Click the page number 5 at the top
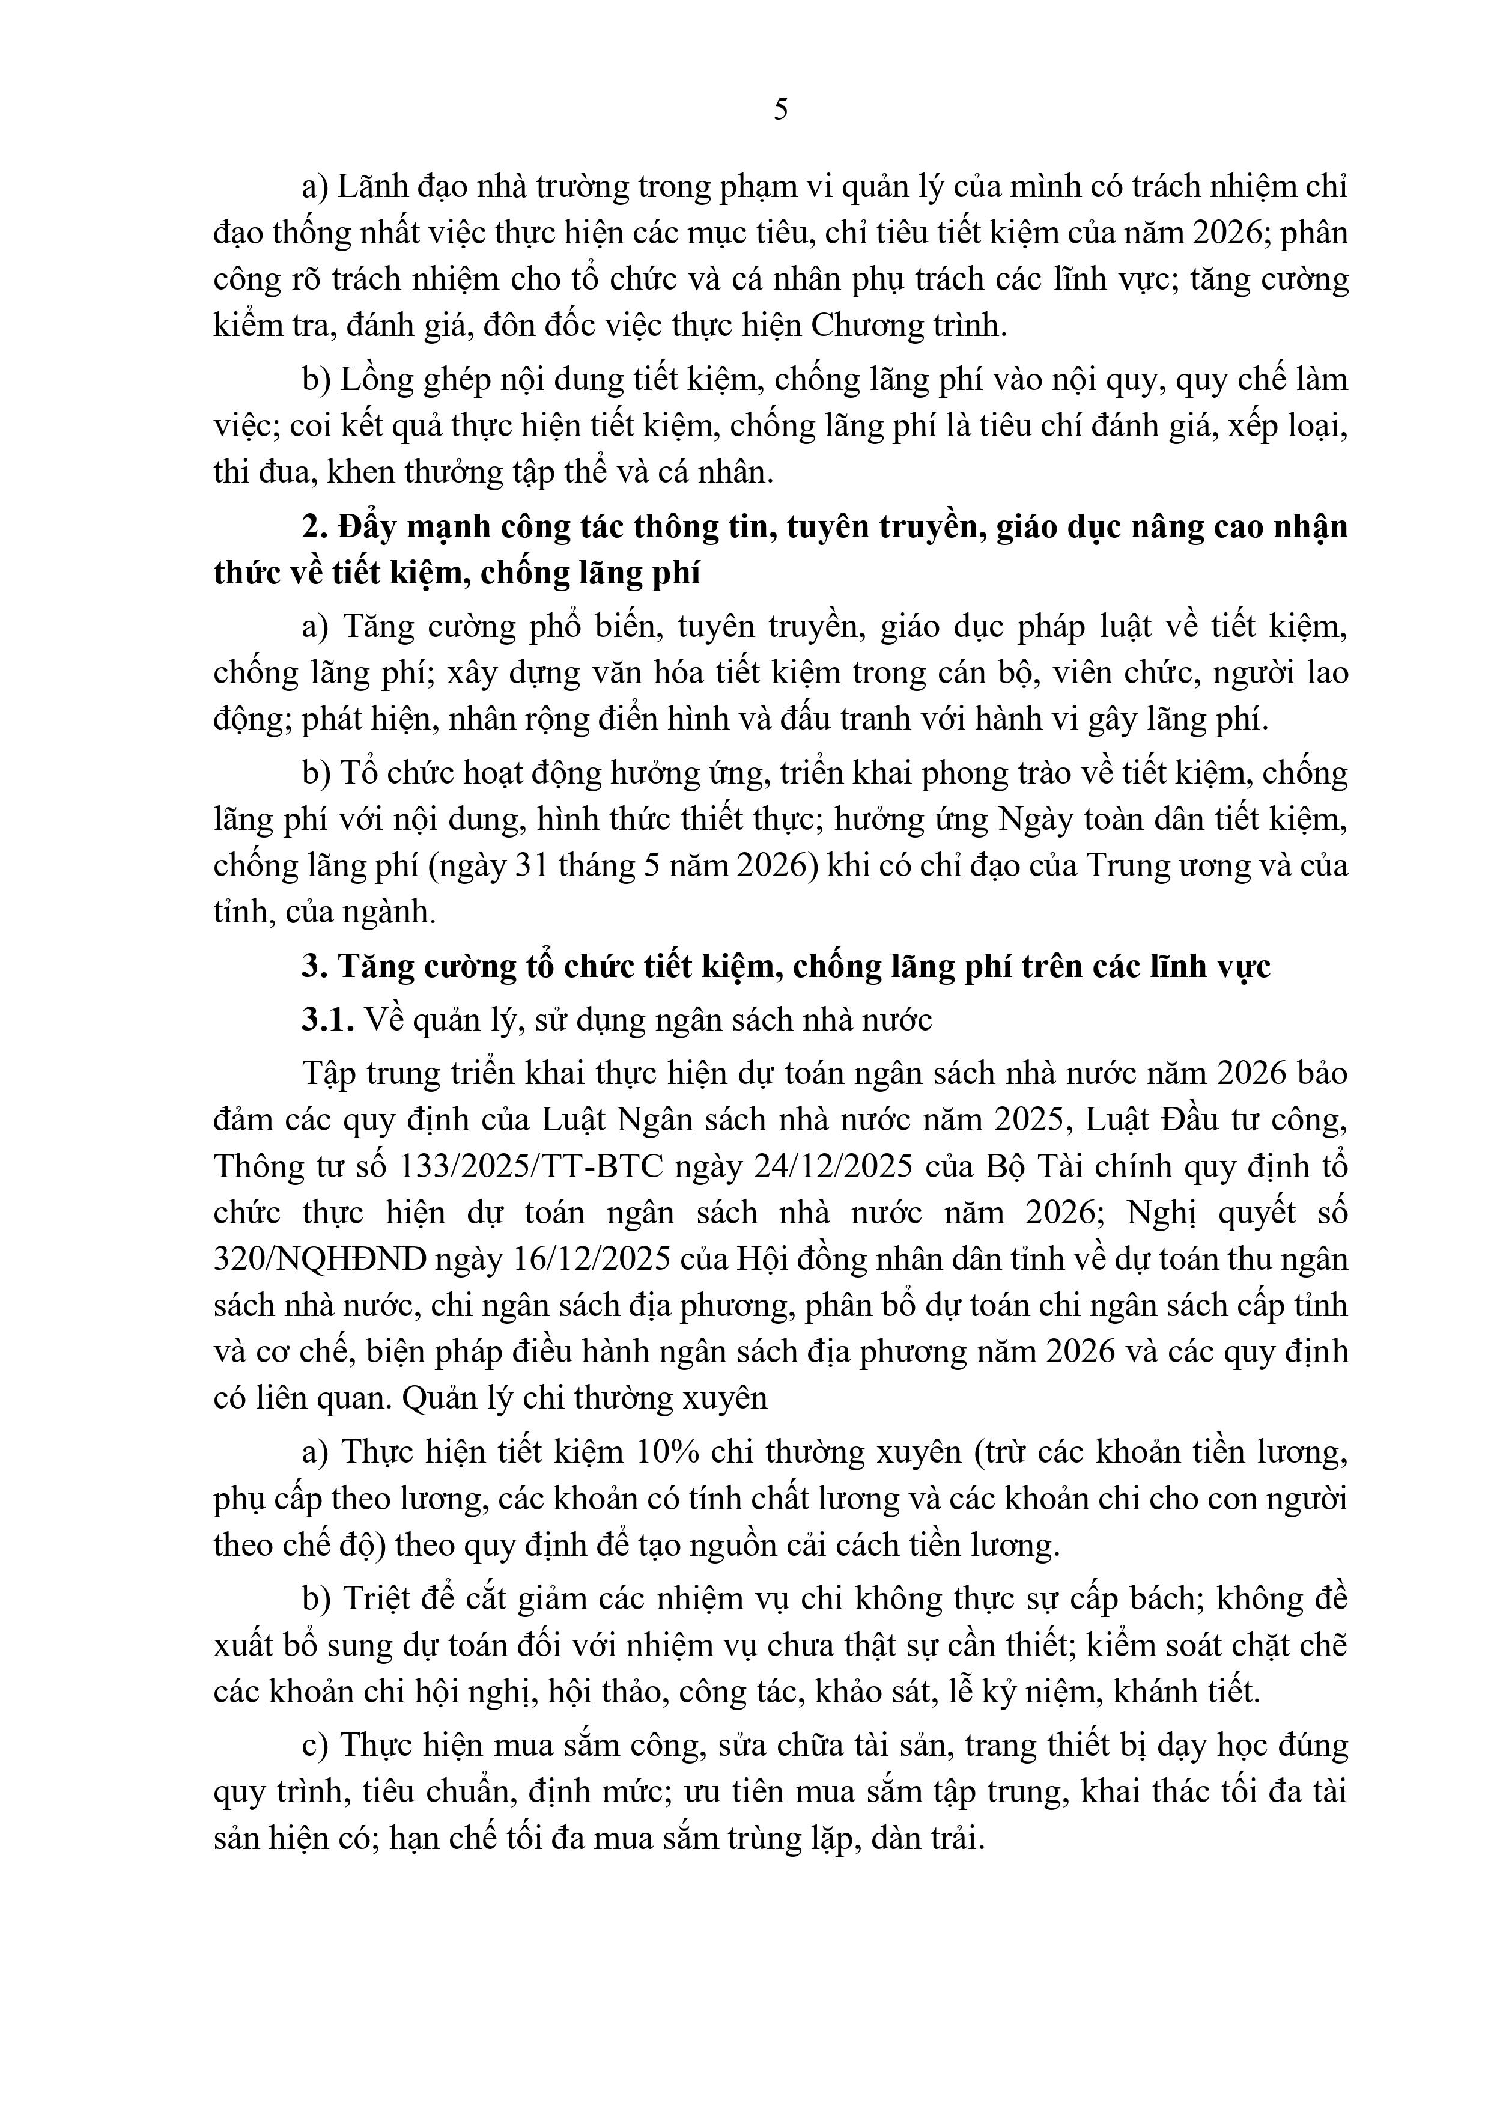[x=780, y=109]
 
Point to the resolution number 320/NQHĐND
[x=320, y=1259]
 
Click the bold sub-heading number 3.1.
[x=328, y=1020]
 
